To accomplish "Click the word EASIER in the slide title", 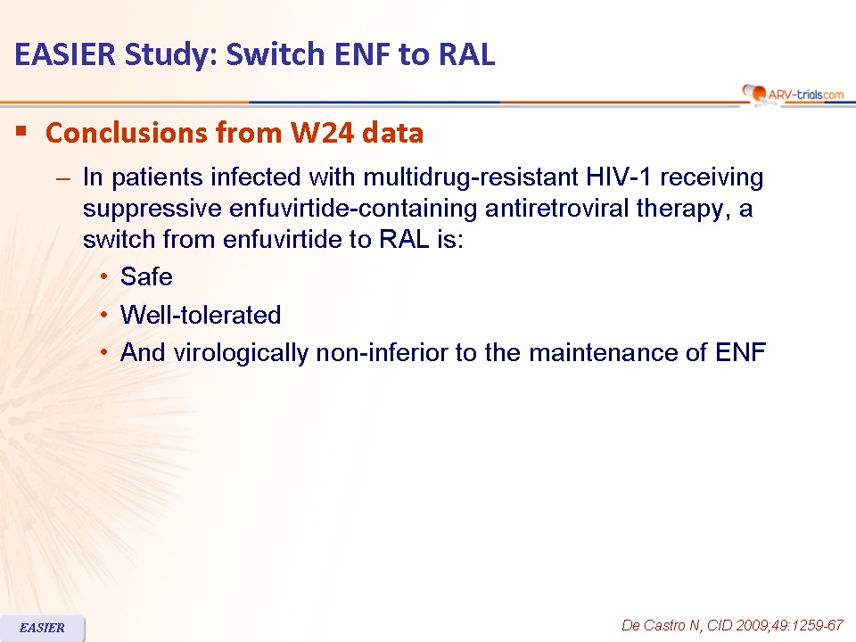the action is point(65,54).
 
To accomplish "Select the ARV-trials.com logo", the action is point(793,94).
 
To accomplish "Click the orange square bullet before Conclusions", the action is point(21,131).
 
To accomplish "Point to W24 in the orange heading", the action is point(322,133).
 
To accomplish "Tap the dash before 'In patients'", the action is point(63,178).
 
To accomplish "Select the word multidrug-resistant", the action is point(471,177).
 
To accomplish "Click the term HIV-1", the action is point(619,177).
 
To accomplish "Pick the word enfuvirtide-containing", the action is point(353,208).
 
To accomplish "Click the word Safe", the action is point(146,276).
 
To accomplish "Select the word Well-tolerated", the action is point(201,315).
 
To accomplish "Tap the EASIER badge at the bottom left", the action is point(42,628).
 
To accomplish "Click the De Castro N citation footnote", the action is point(733,625).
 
